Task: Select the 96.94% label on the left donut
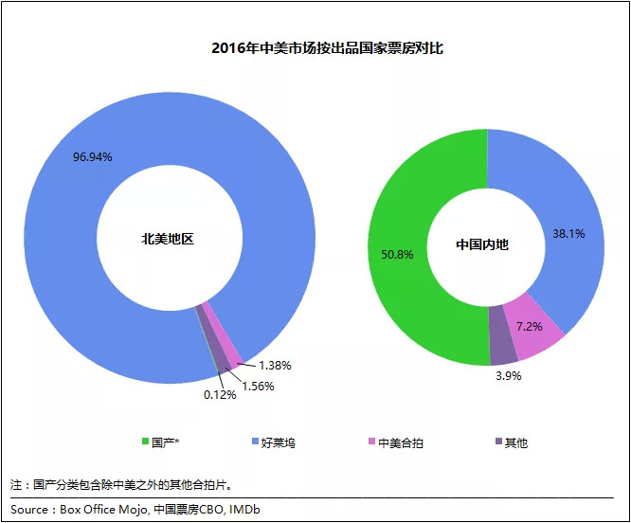93,156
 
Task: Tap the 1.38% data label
273,365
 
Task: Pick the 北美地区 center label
168,240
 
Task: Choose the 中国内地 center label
482,244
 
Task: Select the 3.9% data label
508,375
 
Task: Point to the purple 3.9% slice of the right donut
502,347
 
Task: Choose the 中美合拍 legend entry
398,442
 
